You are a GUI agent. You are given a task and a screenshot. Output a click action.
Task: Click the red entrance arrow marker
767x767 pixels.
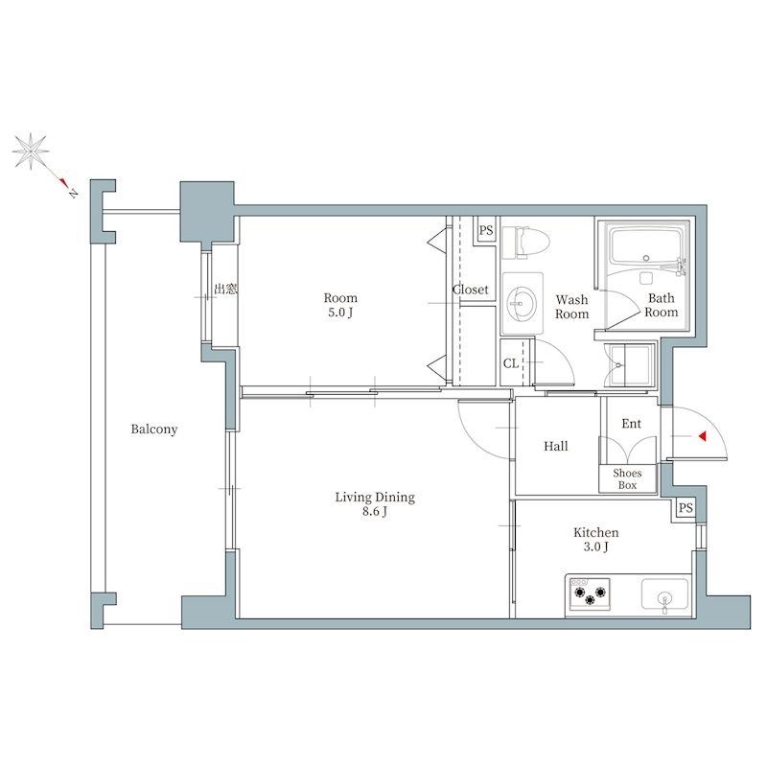click(703, 436)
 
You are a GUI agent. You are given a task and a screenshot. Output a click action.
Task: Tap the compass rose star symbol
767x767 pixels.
click(31, 151)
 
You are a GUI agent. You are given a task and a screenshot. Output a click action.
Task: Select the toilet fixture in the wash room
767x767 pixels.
click(524, 242)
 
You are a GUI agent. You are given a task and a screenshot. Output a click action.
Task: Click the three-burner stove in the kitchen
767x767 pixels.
click(590, 593)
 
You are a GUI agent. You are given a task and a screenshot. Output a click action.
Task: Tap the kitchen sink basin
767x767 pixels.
click(664, 595)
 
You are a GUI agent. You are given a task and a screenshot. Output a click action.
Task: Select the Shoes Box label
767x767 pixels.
click(627, 479)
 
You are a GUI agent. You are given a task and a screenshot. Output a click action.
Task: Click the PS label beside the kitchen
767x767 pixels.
click(686, 508)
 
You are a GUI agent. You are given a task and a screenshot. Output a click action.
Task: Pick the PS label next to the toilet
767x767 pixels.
click(486, 230)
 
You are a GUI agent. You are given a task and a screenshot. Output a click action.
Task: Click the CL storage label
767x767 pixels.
click(511, 363)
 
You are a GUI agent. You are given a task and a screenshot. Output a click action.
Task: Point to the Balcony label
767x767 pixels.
click(154, 430)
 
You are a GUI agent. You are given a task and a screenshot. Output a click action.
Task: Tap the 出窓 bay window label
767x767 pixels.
click(226, 290)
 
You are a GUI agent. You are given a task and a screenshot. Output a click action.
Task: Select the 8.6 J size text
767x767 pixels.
click(375, 512)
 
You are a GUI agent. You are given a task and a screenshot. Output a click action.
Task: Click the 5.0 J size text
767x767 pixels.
click(340, 313)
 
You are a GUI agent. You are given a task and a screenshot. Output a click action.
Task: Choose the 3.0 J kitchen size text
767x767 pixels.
click(595, 546)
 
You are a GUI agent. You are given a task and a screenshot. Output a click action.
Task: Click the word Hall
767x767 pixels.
click(556, 446)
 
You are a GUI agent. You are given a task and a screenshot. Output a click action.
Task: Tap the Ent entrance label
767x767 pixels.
click(631, 424)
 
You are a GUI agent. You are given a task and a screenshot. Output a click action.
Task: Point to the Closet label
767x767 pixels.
click(471, 290)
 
